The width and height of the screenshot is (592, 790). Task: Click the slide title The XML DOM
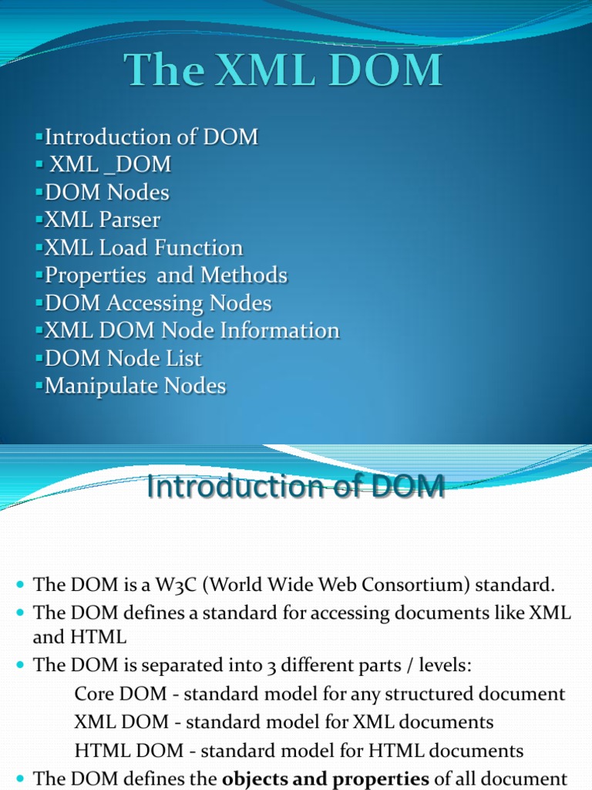pyautogui.click(x=284, y=72)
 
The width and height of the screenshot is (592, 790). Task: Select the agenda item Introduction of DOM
pyautogui.click(x=151, y=137)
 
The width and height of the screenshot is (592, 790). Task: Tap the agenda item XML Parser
pyautogui.click(x=103, y=220)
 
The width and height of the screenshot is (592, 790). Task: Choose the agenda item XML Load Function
pyautogui.click(x=143, y=248)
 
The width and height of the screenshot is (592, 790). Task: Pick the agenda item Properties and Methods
pyautogui.click(x=166, y=275)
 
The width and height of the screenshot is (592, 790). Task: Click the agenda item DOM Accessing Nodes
pyautogui.click(x=158, y=303)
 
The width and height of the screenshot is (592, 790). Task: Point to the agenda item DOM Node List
pyautogui.click(x=123, y=358)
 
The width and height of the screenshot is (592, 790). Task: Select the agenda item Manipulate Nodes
pyautogui.click(x=136, y=386)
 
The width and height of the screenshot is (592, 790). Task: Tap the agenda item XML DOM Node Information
pyautogui.click(x=192, y=330)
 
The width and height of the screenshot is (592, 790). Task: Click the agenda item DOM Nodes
pyautogui.click(x=107, y=192)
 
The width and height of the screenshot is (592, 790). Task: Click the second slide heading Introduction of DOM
pyautogui.click(x=296, y=487)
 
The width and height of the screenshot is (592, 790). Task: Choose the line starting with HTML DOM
pyautogui.click(x=299, y=750)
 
